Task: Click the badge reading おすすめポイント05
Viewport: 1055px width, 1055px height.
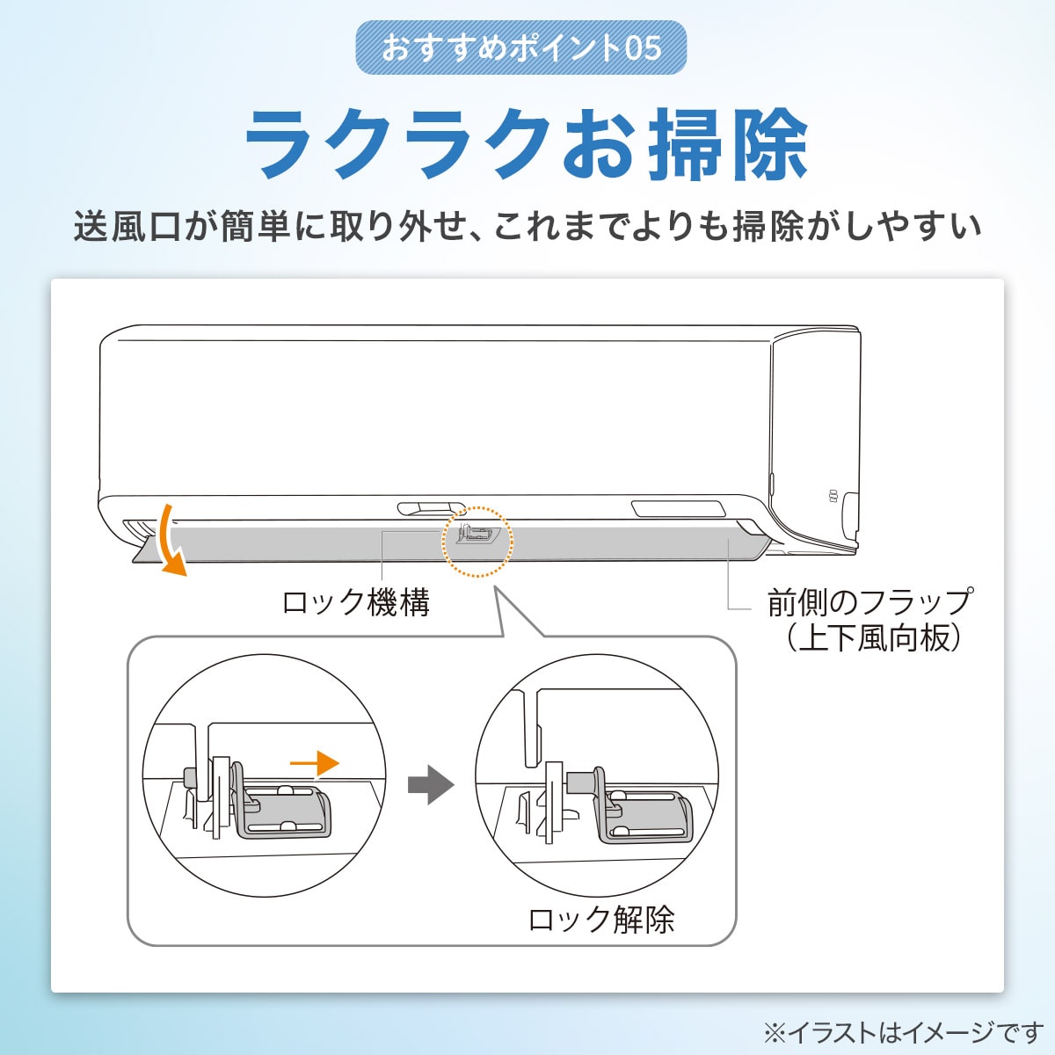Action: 520,47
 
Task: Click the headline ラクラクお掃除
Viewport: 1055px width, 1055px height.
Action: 526,143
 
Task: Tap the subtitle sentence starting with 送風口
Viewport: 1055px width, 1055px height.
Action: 527,227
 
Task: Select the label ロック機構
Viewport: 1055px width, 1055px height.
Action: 355,603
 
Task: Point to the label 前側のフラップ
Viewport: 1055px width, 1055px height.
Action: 869,602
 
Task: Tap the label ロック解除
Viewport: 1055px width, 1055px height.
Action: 601,920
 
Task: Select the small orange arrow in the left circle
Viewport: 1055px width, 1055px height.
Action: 314,763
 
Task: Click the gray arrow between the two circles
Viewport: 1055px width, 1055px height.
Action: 431,784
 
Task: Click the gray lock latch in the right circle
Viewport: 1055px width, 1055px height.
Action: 644,815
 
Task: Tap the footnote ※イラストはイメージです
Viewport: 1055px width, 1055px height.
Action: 903,1031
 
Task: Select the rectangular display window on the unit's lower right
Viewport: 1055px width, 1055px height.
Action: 678,508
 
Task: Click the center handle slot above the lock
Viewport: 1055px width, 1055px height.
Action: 430,508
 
